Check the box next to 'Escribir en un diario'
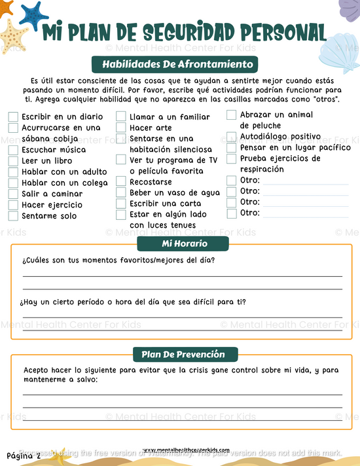coord(13,117)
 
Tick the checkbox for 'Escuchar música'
coord(13,150)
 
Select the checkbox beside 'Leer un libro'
coord(13,161)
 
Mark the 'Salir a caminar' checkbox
coord(13,194)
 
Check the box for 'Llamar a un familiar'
coord(121,117)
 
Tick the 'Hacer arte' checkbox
coord(121,128)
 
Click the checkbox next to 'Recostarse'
coord(121,182)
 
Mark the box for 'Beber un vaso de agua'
coord(121,192)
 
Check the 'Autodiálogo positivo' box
coord(232,137)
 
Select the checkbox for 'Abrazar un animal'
coord(232,115)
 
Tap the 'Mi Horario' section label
coord(183,243)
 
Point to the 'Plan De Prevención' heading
coord(183,354)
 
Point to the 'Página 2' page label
coord(24,455)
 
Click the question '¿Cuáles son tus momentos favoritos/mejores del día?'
coord(118,261)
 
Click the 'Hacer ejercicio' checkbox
coord(13,205)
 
